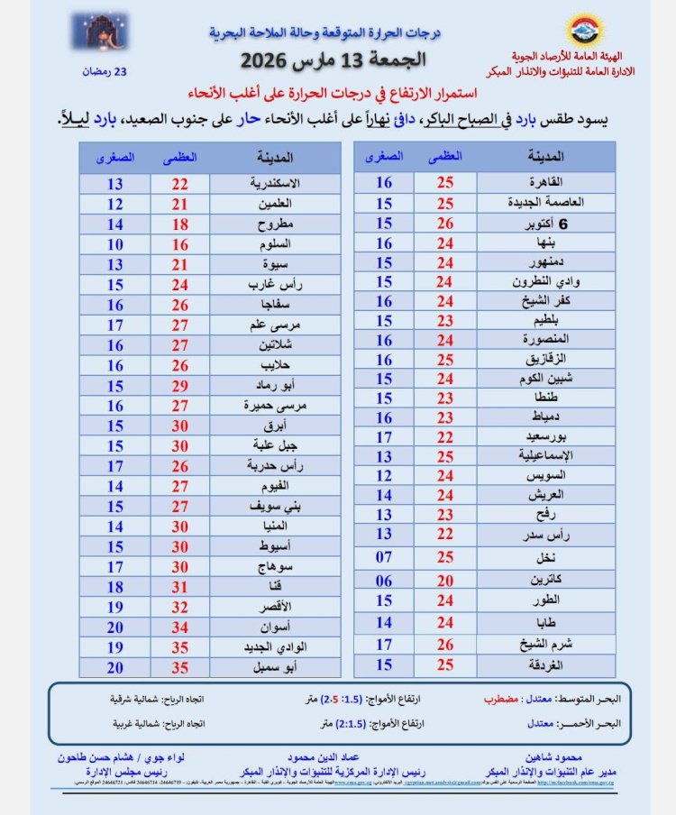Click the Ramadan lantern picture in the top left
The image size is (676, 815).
[x=100, y=32]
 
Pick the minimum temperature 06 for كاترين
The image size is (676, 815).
[x=384, y=581]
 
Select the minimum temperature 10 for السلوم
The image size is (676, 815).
[x=114, y=243]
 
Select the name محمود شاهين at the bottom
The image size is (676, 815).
[x=544, y=758]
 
